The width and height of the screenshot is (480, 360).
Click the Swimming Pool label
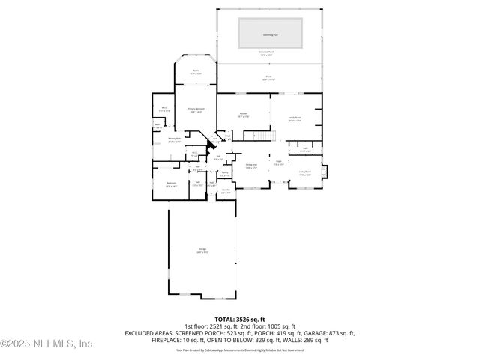pos(270,33)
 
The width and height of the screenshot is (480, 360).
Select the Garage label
pos(202,250)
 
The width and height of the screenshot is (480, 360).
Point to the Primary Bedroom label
pos(196,110)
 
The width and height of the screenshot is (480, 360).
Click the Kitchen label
pos(243,115)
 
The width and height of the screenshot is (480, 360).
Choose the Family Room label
pos(294,118)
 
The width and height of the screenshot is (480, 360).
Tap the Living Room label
pos(306,173)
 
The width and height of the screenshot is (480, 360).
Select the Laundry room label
pos(226,191)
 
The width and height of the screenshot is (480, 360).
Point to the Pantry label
pos(224,174)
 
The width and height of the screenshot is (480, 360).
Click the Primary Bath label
pos(174,139)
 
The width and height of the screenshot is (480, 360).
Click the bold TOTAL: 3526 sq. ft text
pos(240,319)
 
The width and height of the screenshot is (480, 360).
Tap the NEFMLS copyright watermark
pos(46,343)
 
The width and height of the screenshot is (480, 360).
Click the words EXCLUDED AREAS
pos(149,332)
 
